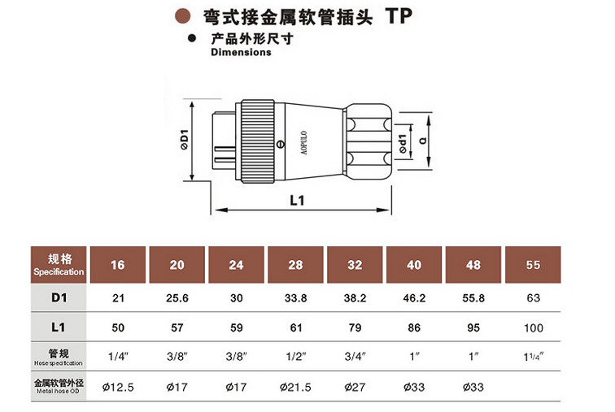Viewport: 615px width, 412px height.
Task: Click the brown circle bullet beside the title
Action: click(185, 15)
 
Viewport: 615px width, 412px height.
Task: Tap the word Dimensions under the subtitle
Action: click(241, 52)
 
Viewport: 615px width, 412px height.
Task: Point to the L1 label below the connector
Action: click(296, 201)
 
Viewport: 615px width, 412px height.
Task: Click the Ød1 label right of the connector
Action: click(403, 143)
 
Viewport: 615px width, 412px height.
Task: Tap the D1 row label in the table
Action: click(59, 297)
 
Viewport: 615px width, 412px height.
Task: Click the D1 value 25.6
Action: click(177, 298)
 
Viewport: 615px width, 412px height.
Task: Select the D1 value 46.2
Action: click(415, 298)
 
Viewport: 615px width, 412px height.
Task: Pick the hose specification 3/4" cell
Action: click(355, 356)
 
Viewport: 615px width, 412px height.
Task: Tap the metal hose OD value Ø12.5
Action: click(118, 388)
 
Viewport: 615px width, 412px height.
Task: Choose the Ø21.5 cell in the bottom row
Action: click(296, 388)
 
